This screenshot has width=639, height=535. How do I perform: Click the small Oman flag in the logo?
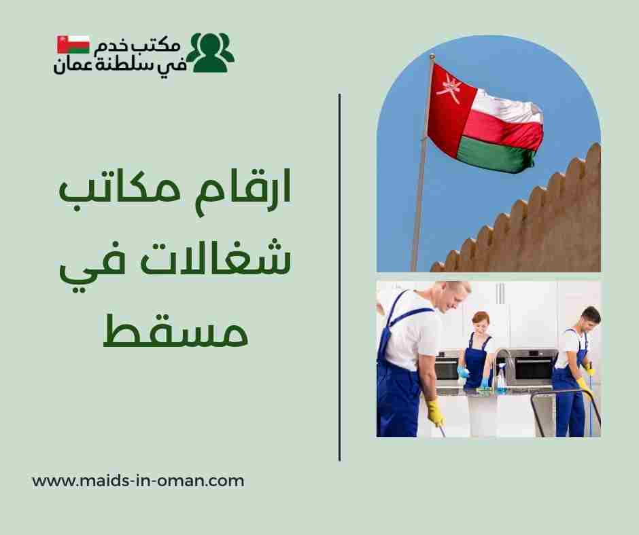(73, 44)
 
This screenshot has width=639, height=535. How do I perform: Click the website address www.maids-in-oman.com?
(138, 481)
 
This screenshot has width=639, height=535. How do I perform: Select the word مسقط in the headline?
(175, 331)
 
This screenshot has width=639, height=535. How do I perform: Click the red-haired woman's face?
(480, 325)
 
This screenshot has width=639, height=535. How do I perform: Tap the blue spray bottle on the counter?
(502, 380)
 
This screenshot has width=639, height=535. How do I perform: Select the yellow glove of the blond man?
(434, 411)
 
